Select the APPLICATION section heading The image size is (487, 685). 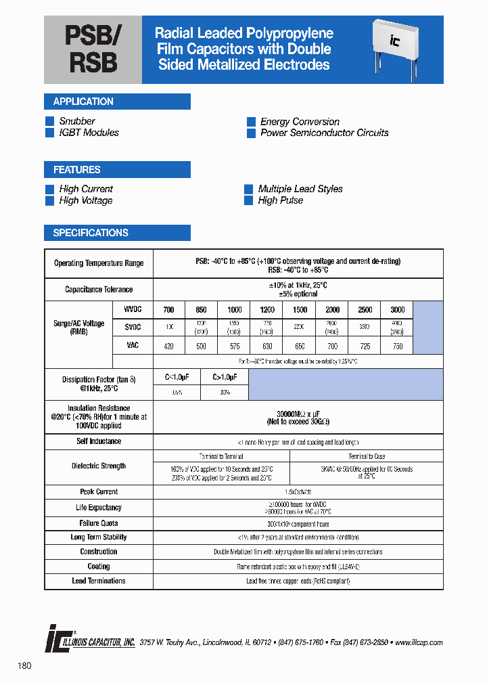(x=83, y=102)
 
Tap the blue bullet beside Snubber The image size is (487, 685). (x=49, y=121)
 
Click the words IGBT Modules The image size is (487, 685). (x=89, y=133)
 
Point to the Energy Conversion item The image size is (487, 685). (x=300, y=122)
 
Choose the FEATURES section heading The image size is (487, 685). (x=76, y=170)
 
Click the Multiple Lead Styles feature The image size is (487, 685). (x=300, y=189)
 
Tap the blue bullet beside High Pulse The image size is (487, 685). (x=249, y=200)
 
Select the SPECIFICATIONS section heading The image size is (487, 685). (x=91, y=233)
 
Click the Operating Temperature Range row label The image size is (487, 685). (x=99, y=263)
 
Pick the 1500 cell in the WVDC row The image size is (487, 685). (x=300, y=309)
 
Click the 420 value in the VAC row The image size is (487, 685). (x=168, y=346)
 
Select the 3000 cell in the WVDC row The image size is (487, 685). (x=398, y=309)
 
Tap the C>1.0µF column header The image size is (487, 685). (x=225, y=377)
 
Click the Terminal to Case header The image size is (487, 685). (x=367, y=456)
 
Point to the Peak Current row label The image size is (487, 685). (x=99, y=492)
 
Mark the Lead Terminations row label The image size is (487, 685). (x=99, y=581)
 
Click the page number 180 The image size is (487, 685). (x=24, y=666)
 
